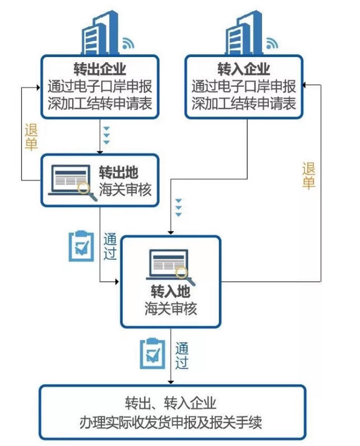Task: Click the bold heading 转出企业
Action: (x=99, y=69)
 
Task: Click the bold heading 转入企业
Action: (x=243, y=69)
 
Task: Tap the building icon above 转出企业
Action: (x=99, y=32)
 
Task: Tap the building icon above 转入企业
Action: (x=243, y=32)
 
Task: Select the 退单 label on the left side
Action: (x=31, y=137)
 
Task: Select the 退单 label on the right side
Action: (x=308, y=176)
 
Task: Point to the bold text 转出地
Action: (x=119, y=172)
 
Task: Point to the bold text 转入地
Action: (x=171, y=292)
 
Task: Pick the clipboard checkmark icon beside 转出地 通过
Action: (x=81, y=246)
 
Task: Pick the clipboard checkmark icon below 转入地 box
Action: (x=153, y=354)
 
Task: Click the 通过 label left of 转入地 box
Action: (x=110, y=246)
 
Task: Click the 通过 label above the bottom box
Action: (x=182, y=355)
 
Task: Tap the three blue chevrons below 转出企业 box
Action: (x=106, y=135)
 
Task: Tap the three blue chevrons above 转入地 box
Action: (x=178, y=208)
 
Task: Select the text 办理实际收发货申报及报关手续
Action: (x=171, y=422)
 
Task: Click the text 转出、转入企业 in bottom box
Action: (x=171, y=403)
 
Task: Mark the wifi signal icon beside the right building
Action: (x=271, y=43)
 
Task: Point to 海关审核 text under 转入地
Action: (x=171, y=308)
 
